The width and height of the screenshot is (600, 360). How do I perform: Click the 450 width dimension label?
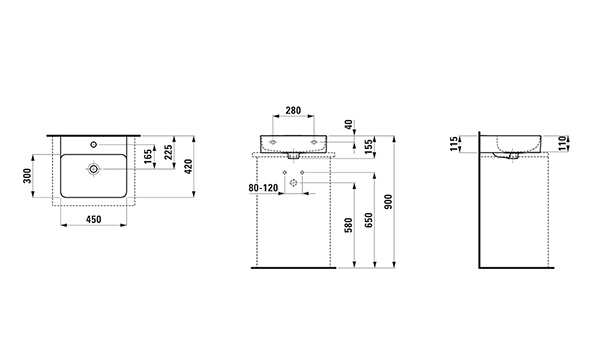94,219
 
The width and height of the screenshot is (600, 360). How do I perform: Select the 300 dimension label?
27,176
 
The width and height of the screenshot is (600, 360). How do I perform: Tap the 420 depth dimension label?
188,167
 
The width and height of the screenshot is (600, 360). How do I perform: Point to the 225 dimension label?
168,152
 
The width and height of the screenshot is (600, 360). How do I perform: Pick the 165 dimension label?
148,157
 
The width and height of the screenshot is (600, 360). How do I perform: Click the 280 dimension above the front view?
293,110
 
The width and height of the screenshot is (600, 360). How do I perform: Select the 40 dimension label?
348,125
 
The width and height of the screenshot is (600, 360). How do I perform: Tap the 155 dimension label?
368,147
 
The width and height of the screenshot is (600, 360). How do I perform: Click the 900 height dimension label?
388,202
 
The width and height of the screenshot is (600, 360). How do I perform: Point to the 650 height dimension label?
368,220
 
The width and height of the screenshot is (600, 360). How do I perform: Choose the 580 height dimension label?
348,226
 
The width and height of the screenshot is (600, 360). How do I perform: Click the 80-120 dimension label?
263,188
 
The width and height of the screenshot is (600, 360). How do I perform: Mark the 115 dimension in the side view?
455,144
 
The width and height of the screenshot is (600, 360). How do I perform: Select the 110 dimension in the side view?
562,144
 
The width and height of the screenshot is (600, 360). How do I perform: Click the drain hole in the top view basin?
93,169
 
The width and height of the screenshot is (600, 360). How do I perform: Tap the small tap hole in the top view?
93,144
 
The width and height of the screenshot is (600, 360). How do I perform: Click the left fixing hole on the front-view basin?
272,142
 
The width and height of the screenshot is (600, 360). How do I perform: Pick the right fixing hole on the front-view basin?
314,142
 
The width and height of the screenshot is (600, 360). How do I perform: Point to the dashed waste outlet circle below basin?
293,183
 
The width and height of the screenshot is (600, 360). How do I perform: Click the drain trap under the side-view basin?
505,155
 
